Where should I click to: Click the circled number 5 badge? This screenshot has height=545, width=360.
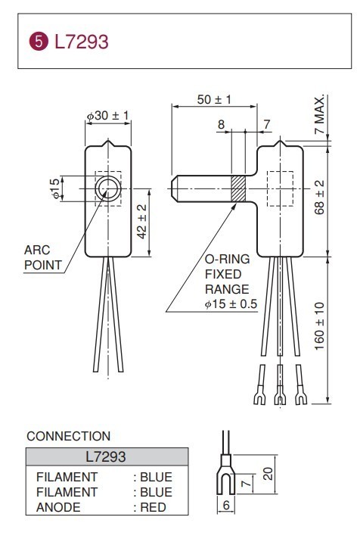click(x=38, y=42)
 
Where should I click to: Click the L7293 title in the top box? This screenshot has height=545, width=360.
click(x=82, y=42)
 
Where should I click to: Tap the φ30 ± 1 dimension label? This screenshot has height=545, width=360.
click(x=107, y=115)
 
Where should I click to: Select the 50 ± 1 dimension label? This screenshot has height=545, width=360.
click(x=214, y=99)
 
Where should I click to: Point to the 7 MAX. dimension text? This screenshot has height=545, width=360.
click(x=319, y=114)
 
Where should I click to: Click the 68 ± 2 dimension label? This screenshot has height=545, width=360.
click(x=319, y=197)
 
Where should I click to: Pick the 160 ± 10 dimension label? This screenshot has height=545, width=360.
click(x=319, y=326)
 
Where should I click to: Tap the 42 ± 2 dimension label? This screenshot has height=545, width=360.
click(x=141, y=222)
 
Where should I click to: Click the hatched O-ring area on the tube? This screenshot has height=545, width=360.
click(x=238, y=188)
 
